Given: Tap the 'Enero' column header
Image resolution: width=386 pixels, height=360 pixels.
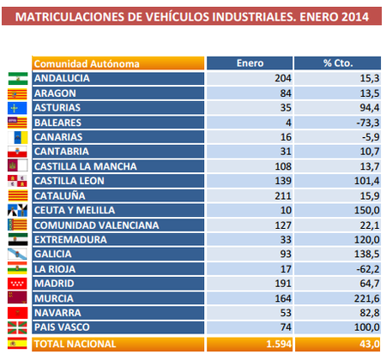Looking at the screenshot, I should [249, 63].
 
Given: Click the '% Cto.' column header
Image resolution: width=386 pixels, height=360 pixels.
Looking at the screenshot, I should [338, 63].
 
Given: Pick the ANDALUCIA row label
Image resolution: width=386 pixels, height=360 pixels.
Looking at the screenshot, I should [63, 78].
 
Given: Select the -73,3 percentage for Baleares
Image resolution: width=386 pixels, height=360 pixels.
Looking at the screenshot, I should [365, 123].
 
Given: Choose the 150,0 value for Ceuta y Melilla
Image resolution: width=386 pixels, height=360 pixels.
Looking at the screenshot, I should [364, 210].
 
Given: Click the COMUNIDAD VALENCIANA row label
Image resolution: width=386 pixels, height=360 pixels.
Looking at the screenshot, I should [95, 225].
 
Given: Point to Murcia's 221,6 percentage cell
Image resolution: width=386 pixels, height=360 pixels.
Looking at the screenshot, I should [364, 298].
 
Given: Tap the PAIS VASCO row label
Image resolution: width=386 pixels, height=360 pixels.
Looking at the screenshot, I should [62, 327].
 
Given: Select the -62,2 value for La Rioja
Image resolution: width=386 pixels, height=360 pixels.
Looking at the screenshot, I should [365, 269].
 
